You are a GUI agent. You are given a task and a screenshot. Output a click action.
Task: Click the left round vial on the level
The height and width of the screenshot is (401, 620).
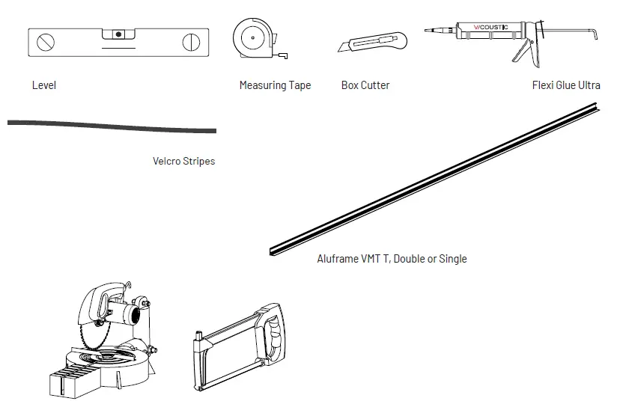click(x=47, y=41)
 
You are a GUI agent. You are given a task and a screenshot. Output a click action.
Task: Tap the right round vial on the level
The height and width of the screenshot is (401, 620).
click(x=193, y=41)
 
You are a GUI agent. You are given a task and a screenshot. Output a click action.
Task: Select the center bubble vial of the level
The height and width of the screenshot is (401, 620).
click(x=118, y=34)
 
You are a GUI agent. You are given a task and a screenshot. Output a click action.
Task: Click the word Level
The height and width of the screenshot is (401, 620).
click(x=44, y=85)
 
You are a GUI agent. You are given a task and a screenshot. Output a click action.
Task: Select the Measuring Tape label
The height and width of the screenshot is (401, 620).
click(x=275, y=85)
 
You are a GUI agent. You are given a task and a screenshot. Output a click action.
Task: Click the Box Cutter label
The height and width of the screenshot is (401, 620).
click(x=365, y=85)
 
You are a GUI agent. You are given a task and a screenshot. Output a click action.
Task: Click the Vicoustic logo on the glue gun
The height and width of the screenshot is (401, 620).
click(x=491, y=28)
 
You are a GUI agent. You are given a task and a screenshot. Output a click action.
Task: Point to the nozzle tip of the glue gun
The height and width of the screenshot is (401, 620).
click(x=426, y=31)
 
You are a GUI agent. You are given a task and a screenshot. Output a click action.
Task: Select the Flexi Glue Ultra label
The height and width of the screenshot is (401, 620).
click(x=566, y=85)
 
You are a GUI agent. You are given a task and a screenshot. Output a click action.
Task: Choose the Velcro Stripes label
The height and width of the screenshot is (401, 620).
click(x=183, y=161)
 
